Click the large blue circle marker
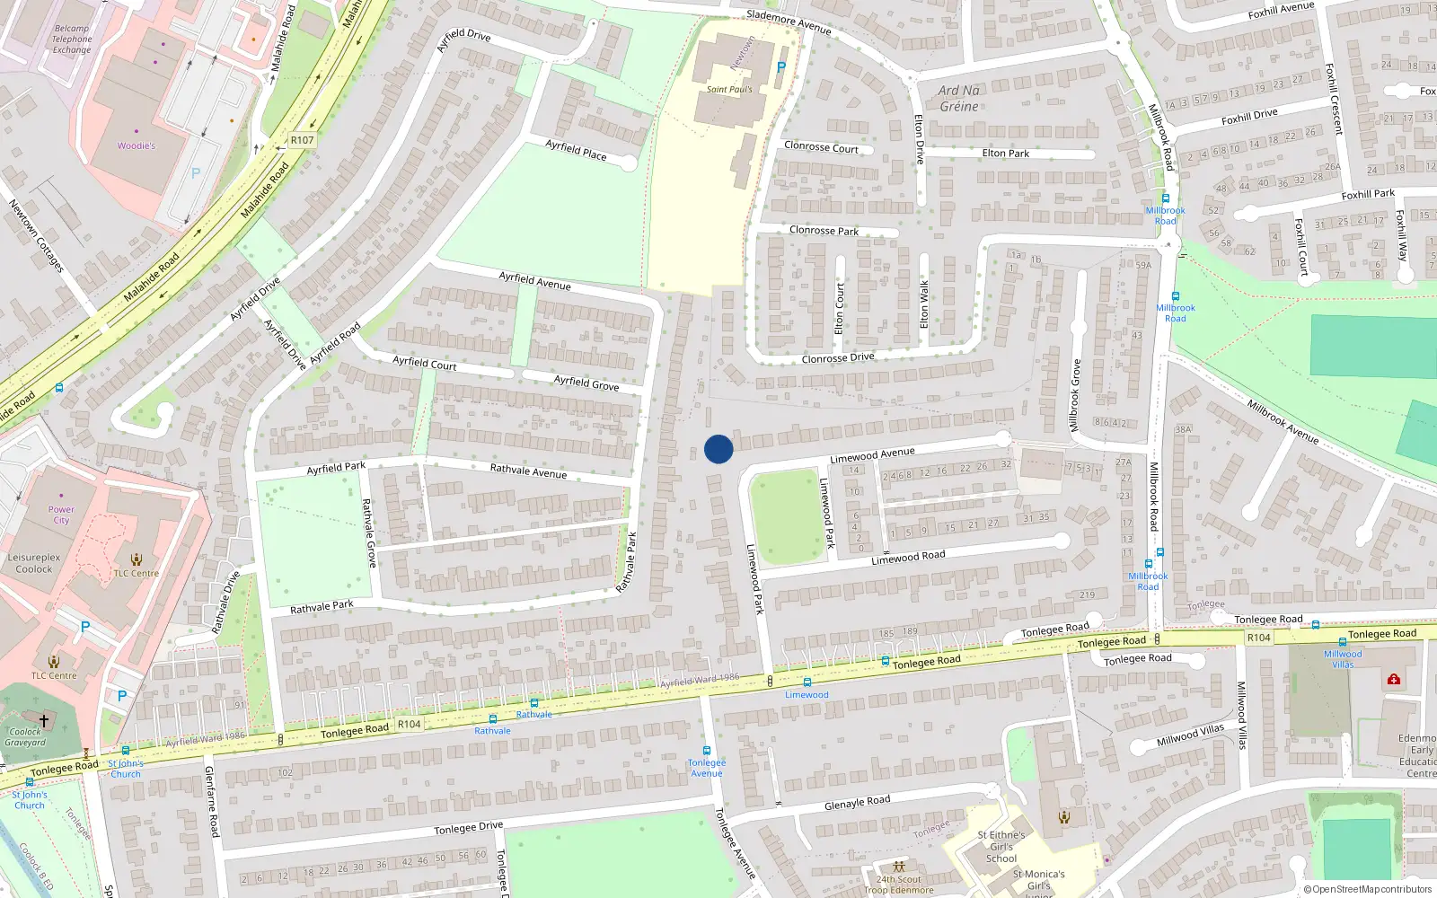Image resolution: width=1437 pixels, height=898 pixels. point(718,449)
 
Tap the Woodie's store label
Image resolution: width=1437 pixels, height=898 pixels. point(137,145)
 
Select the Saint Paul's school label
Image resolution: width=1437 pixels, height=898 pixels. point(729,89)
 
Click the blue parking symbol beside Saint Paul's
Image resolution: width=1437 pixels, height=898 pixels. point(780,67)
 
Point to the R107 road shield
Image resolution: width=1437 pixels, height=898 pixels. point(303,140)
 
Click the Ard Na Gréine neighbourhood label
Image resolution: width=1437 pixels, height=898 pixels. point(958,98)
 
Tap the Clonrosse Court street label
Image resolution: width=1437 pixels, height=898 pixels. point(821,146)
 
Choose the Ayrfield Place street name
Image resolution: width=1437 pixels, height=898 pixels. point(576,150)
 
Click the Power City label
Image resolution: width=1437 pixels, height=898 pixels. point(61,515)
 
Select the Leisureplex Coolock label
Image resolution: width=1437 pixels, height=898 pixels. point(34,563)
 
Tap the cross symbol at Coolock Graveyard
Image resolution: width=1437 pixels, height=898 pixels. point(44,720)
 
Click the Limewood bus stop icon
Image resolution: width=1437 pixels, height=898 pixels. point(807,682)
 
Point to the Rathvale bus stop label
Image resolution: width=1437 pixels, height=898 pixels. point(534,715)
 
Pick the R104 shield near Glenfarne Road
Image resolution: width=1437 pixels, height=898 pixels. point(409,724)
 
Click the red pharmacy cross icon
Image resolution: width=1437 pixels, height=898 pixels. point(1394,680)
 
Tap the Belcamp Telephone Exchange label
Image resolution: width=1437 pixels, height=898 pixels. point(72,40)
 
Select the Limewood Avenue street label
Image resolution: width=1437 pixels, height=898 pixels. point(872,456)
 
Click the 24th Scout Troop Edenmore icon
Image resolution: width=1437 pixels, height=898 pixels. point(898,867)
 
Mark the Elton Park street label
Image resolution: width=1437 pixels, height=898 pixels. point(1006,154)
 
